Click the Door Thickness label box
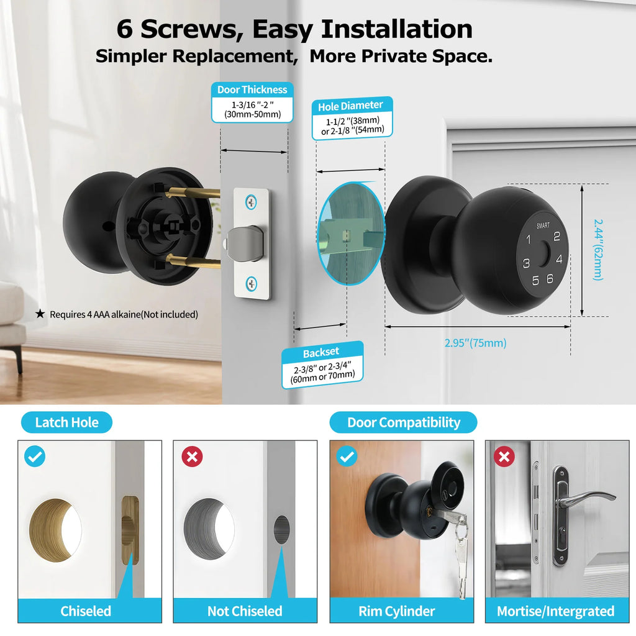pos(252,102)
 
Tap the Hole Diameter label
pos(351,118)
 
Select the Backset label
pos(322,365)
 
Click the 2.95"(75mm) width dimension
pos(475,343)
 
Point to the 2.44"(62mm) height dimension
pos(598,248)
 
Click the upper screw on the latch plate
pos(251,202)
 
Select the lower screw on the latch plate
pos(251,283)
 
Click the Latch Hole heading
pos(66,423)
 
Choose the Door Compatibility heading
pos(404,423)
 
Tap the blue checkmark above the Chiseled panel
pos(34,457)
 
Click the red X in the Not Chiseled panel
pos(192,458)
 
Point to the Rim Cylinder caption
pos(397,611)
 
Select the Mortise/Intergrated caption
pos(555,611)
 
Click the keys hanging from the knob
pos(460,553)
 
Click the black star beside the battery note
pos(40,314)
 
